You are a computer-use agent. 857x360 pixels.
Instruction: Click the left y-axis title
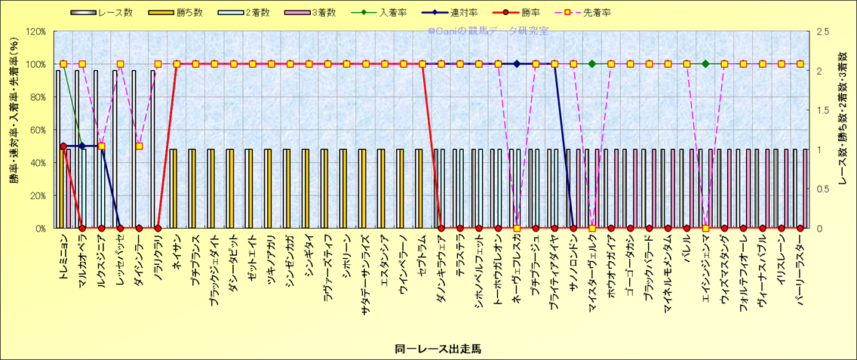13,130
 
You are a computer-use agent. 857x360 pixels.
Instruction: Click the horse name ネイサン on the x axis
177,249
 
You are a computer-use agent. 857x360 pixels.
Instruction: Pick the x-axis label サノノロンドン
573,261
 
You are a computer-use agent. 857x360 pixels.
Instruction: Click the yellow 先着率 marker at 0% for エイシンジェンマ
705,228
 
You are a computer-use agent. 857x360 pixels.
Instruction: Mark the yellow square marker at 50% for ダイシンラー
139,146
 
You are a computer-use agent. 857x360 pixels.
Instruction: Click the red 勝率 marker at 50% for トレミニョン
63,146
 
